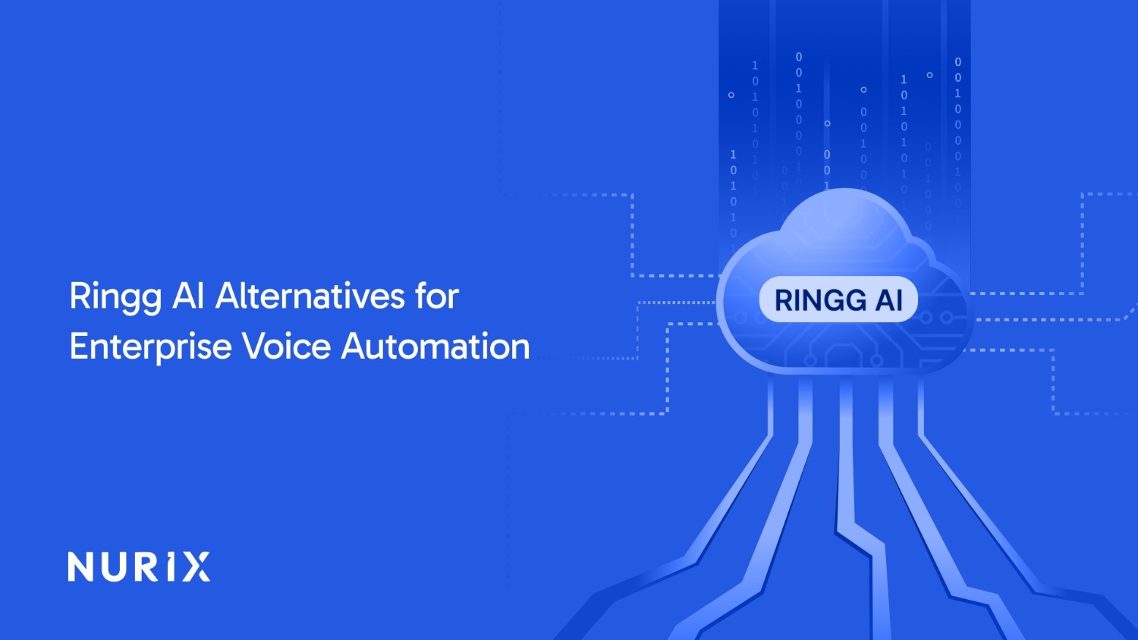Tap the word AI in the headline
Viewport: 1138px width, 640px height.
[x=188, y=295]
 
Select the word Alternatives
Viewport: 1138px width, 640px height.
[x=310, y=295]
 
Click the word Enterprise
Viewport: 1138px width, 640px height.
[x=150, y=347]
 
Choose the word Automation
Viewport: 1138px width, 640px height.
[x=435, y=345]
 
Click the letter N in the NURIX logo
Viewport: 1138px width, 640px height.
[x=80, y=566]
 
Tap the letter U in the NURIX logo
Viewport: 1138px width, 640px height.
[x=112, y=567]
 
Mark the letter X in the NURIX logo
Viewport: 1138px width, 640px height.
[x=196, y=566]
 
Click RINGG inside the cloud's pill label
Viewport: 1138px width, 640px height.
[x=819, y=300]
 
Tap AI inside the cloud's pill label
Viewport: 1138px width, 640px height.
[x=889, y=300]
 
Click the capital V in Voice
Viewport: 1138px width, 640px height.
[x=255, y=346]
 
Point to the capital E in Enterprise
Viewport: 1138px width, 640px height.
[x=79, y=346]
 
